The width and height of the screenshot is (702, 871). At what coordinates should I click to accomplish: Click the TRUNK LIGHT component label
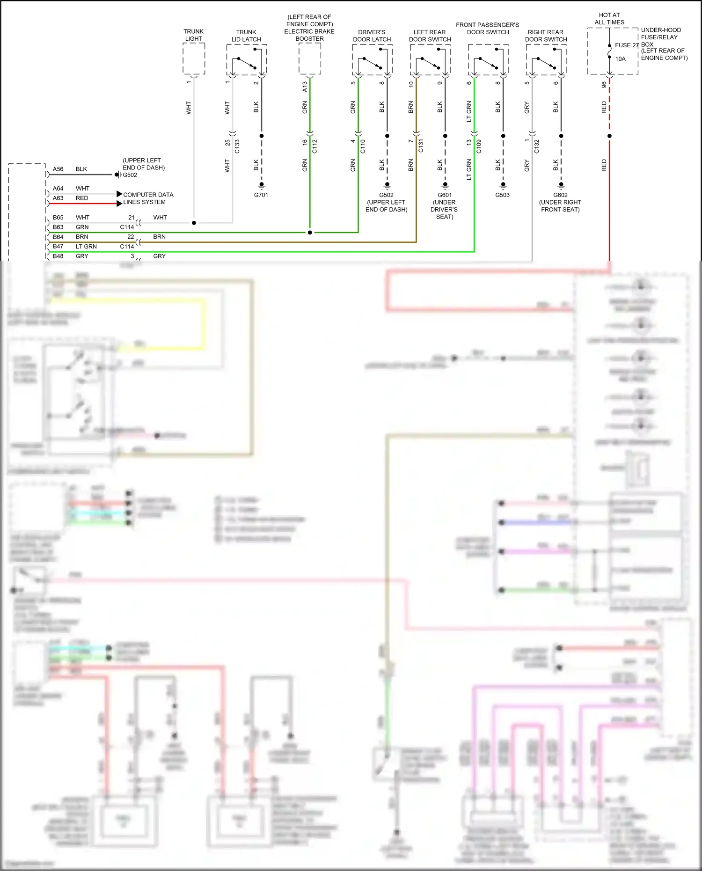(x=193, y=35)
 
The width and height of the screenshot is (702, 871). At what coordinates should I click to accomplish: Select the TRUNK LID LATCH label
(x=246, y=36)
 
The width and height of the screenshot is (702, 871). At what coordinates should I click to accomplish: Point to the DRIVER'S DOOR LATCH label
(x=372, y=36)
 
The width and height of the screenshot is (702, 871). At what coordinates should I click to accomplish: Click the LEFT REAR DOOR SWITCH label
(x=430, y=36)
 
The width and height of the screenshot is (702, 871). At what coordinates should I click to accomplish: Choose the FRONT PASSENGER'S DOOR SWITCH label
(x=488, y=29)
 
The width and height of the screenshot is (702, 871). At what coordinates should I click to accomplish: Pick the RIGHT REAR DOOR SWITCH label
(x=546, y=36)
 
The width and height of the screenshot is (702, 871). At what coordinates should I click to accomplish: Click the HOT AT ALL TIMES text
(x=609, y=19)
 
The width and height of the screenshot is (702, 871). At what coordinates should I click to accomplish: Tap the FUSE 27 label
(x=627, y=45)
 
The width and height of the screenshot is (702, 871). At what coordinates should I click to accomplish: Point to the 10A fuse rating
(x=621, y=59)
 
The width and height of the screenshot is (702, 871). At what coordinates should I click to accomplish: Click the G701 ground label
(x=261, y=195)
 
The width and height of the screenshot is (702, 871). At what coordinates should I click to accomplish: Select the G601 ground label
(x=445, y=195)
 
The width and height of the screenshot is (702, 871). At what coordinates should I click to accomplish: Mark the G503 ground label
(x=503, y=195)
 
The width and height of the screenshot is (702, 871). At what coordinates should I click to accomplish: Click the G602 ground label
(x=560, y=195)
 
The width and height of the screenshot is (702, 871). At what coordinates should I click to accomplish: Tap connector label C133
(x=237, y=146)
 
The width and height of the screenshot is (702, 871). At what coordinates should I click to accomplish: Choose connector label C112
(x=314, y=146)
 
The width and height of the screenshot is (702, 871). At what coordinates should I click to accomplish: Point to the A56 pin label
(x=58, y=169)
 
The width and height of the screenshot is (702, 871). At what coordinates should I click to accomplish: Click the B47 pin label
(x=58, y=247)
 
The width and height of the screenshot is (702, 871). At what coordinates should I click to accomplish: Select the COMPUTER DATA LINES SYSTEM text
(x=148, y=198)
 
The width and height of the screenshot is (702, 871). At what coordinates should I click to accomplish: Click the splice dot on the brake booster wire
(x=310, y=233)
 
